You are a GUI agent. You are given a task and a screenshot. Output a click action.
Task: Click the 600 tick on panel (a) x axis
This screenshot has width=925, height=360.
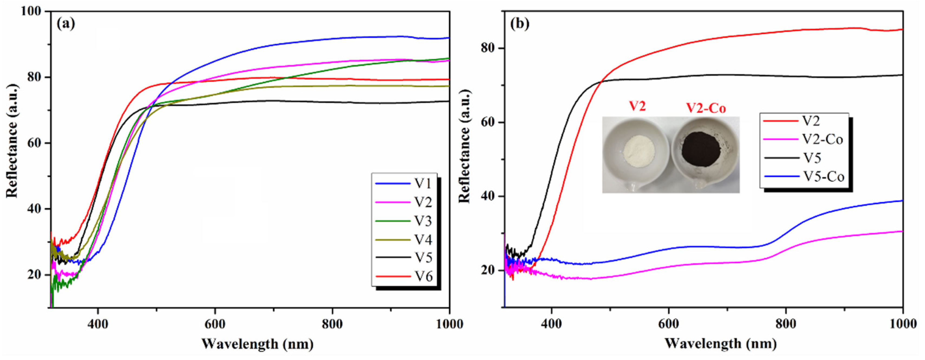pyautogui.click(x=215, y=324)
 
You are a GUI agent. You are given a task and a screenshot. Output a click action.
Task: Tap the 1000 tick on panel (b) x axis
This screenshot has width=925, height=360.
pyautogui.click(x=902, y=324)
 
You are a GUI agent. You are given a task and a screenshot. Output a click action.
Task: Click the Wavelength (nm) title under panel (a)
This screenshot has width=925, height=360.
pyautogui.click(x=258, y=344)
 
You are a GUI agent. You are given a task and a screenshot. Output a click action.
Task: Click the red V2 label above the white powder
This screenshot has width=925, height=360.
pyautogui.click(x=637, y=106)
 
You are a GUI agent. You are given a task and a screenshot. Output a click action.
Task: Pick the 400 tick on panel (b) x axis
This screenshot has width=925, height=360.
pyautogui.click(x=551, y=324)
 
